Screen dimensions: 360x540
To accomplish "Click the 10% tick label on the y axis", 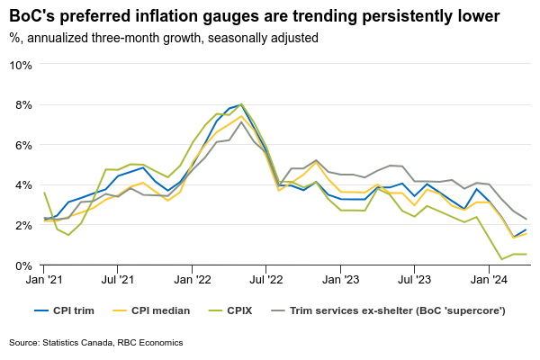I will (x=21, y=65).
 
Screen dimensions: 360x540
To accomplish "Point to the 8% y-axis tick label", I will (x=23, y=104).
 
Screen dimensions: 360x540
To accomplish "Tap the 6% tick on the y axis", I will (x=23, y=145).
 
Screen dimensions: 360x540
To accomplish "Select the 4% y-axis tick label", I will (x=23, y=184).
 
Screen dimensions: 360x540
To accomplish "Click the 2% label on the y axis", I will (x=23, y=225).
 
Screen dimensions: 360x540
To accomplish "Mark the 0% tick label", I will (x=23, y=265).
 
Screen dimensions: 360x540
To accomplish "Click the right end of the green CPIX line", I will (x=526, y=254).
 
